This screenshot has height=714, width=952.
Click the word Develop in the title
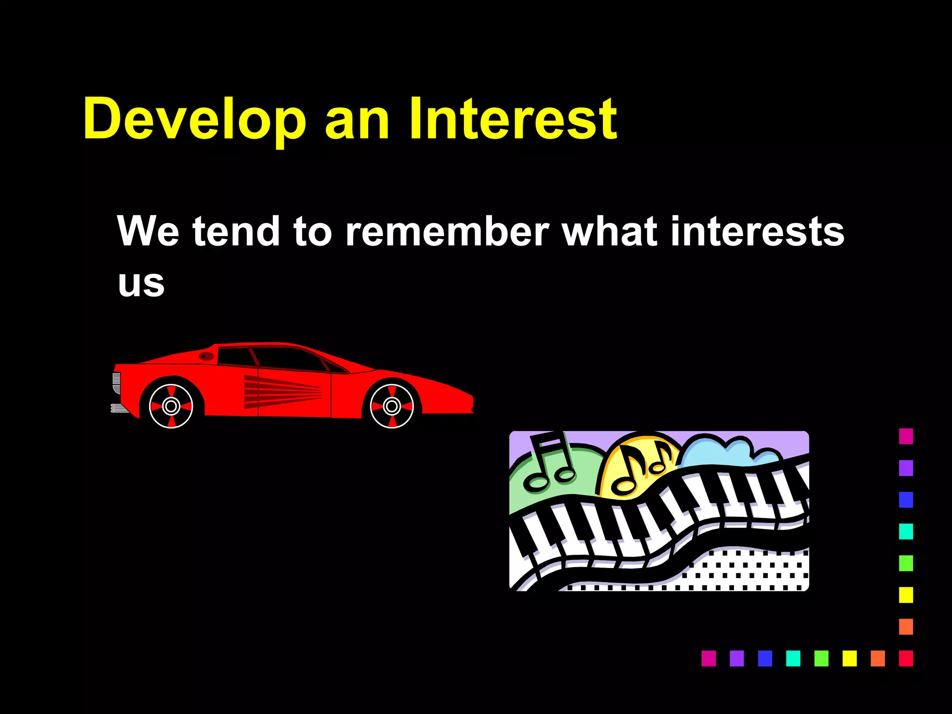(194, 120)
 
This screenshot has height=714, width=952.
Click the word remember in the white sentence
(447, 231)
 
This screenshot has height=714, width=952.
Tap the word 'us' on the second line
(141, 284)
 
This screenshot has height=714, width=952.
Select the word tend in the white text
(236, 231)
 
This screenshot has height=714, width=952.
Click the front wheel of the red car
(391, 406)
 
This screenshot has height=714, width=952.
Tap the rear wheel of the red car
(171, 406)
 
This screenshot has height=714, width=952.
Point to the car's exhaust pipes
(119, 408)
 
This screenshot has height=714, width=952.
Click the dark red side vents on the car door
(281, 391)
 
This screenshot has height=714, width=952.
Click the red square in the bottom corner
(906, 658)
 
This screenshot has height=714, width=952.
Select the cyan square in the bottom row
(793, 658)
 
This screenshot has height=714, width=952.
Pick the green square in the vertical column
(906, 563)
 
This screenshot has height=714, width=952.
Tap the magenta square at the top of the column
(906, 436)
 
